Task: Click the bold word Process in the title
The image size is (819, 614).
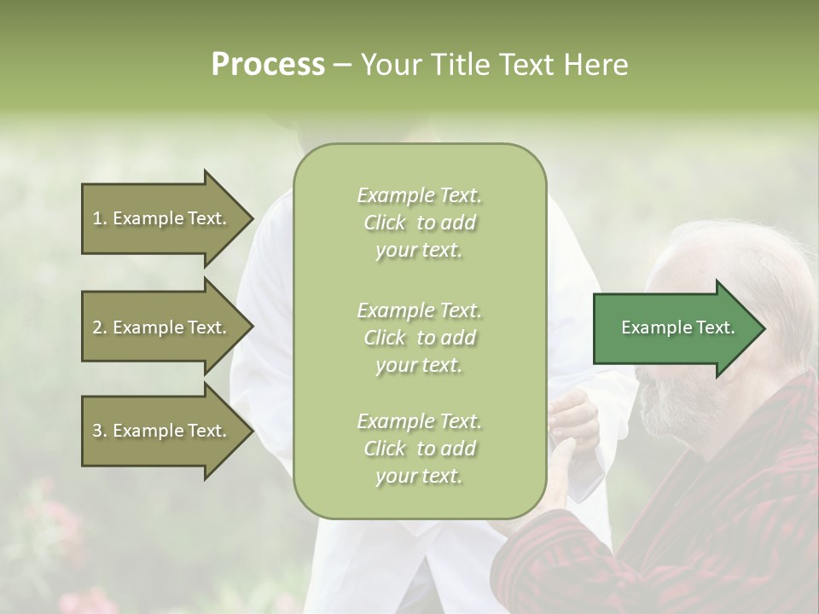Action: [268, 65]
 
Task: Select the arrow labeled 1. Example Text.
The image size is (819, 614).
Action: [162, 218]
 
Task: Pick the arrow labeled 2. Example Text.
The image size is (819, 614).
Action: [162, 327]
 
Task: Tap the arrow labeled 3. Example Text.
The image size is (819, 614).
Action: [162, 431]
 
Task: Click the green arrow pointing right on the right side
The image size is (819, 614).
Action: [674, 327]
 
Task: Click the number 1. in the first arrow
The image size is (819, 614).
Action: [100, 218]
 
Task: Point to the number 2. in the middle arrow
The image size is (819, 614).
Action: [100, 327]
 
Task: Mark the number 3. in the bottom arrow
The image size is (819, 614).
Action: [100, 431]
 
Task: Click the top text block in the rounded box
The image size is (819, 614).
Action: [419, 223]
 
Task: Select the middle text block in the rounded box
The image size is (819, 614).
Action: [419, 338]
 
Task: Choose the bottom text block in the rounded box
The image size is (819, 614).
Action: [419, 449]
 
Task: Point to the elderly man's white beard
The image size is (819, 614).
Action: [661, 409]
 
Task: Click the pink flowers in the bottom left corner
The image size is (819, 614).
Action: [51, 520]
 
